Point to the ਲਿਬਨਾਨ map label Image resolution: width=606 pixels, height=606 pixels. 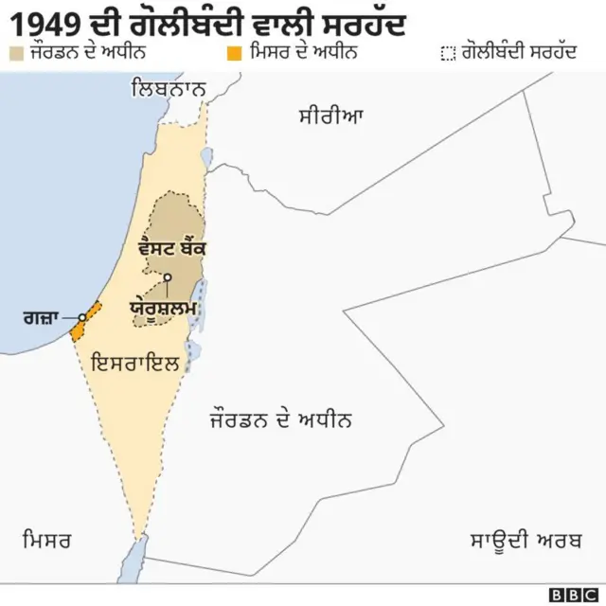[170, 90]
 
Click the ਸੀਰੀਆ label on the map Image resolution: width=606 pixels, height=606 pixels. [331, 117]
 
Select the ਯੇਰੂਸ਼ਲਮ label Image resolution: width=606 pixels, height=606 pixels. [163, 309]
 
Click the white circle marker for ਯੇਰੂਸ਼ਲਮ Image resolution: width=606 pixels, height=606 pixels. [167, 277]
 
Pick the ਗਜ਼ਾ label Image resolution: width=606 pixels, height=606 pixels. [41, 317]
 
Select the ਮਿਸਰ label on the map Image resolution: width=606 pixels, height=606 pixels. [46, 541]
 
